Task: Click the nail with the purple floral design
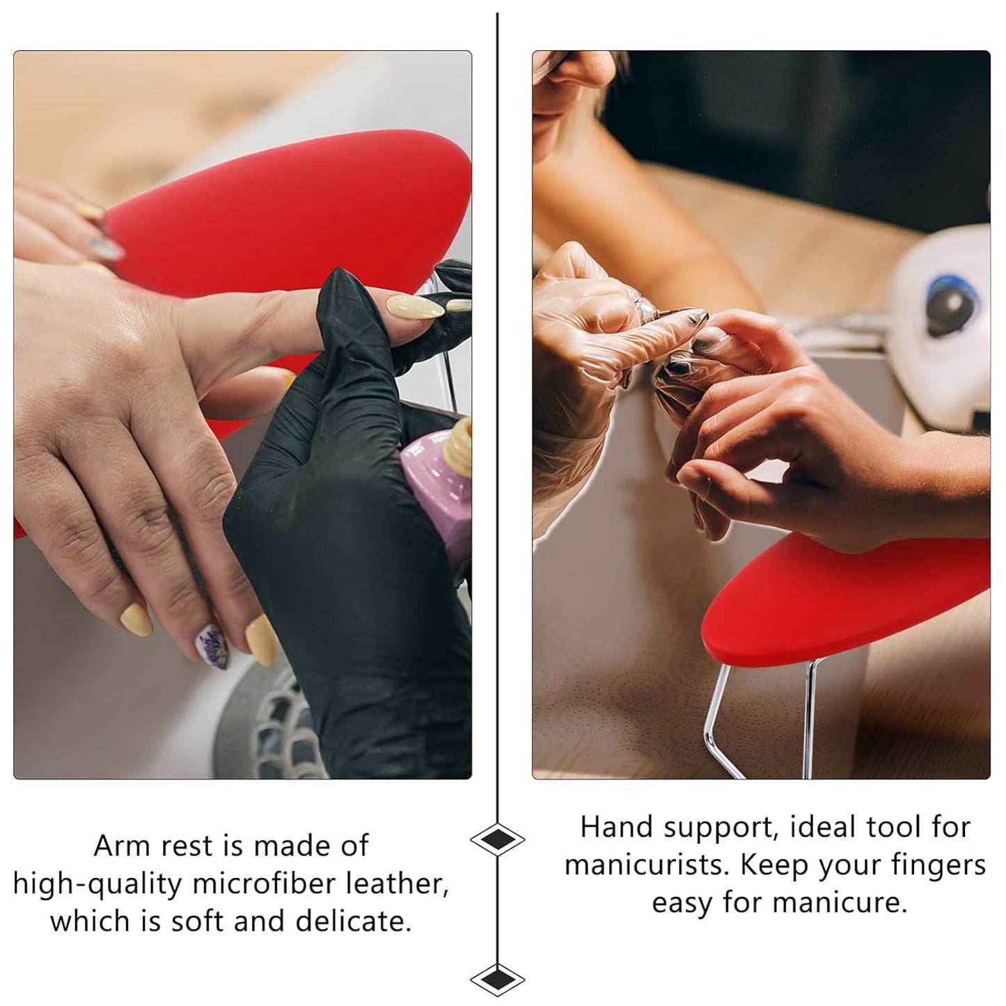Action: (213, 647)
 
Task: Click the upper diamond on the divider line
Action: (497, 839)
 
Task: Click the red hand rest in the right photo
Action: (846, 600)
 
